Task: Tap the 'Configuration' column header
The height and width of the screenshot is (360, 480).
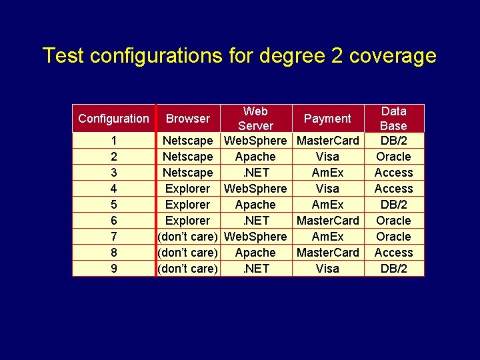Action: (x=113, y=119)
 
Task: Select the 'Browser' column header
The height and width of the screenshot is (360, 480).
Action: (x=187, y=119)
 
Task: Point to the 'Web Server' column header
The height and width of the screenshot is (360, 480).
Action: (x=255, y=118)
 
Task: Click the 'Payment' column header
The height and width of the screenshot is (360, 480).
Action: (x=327, y=119)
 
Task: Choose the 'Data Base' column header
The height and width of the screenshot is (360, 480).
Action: (x=393, y=118)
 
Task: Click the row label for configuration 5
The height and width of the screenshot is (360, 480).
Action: (x=114, y=205)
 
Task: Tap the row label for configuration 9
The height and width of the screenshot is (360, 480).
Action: (x=114, y=269)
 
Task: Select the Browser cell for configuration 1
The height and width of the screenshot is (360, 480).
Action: (x=187, y=141)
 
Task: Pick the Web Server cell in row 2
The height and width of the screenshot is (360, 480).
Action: (x=255, y=157)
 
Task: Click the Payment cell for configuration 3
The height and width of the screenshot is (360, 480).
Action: (x=327, y=173)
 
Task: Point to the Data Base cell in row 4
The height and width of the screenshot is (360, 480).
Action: (x=393, y=189)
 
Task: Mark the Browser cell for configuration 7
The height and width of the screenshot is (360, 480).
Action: (x=187, y=237)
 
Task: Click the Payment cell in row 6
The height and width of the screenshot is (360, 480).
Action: (x=327, y=221)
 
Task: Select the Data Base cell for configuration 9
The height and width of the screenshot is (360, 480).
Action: (x=393, y=269)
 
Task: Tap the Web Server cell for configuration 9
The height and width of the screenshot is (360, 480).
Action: (x=255, y=269)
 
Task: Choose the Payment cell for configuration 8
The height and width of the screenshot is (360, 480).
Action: (x=327, y=253)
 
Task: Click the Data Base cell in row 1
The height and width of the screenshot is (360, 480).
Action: (x=393, y=141)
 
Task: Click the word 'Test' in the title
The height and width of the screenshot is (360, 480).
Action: (x=61, y=55)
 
